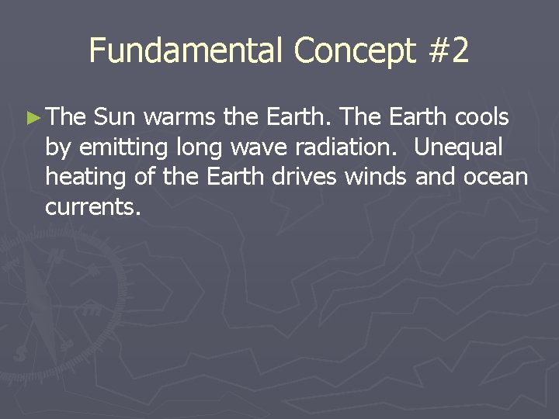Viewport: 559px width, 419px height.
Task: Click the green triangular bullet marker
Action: tap(32, 119)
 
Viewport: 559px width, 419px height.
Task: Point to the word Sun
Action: tap(115, 118)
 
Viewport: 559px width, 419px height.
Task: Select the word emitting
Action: tap(117, 148)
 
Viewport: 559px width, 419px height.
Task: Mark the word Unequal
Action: tap(459, 148)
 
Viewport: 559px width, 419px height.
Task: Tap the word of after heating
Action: tap(144, 178)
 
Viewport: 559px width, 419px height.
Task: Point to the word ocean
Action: tap(496, 178)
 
